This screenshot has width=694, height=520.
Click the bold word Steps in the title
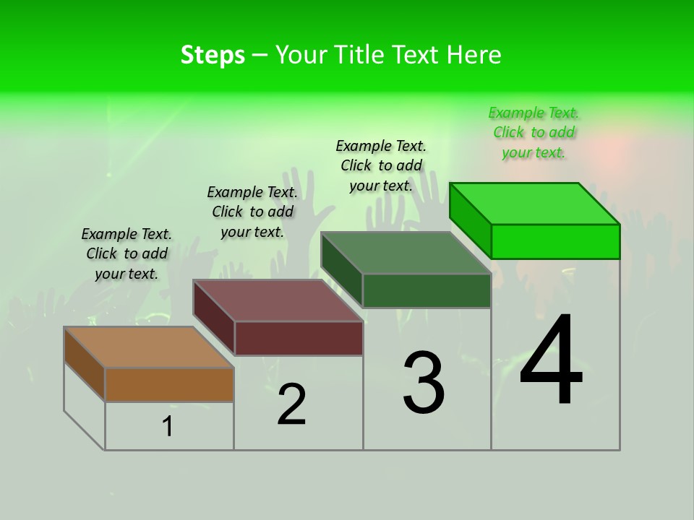(213, 55)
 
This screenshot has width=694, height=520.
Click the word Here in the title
(474, 55)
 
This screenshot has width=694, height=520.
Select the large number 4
(551, 360)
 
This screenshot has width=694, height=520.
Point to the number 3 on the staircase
(424, 382)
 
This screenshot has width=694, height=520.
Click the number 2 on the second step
(291, 404)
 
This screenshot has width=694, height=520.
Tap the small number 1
(168, 427)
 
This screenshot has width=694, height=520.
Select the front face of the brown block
(169, 384)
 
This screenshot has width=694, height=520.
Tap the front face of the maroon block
(299, 338)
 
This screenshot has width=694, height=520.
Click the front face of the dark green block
(427, 290)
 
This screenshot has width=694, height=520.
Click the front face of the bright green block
(555, 241)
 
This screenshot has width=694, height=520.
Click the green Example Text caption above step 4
(534, 133)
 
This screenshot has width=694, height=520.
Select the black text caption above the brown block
(127, 253)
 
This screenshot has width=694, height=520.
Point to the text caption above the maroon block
(252, 212)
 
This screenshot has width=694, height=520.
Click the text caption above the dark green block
(381, 165)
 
